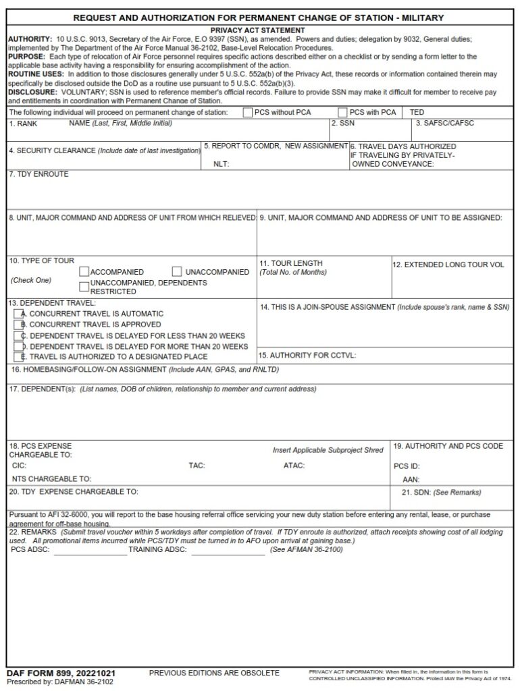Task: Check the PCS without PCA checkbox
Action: (247, 112)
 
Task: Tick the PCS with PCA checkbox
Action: (342, 112)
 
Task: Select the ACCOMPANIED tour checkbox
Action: (84, 272)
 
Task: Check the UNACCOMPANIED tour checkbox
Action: (177, 272)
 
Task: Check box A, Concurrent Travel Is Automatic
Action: (18, 314)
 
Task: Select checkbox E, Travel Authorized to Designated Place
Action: (18, 356)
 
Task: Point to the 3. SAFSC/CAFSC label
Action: (445, 123)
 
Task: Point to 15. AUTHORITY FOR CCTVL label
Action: (307, 356)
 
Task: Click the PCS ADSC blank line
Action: (90, 551)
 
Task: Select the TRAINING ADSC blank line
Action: (227, 551)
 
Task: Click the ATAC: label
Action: (294, 466)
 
